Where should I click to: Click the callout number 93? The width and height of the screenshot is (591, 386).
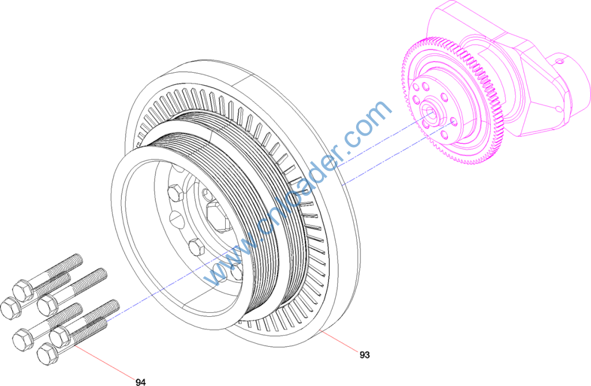click(x=365, y=355)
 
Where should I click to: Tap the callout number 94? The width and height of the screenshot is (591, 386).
click(x=141, y=382)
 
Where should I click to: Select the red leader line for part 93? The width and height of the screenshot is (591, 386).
click(x=339, y=341)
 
